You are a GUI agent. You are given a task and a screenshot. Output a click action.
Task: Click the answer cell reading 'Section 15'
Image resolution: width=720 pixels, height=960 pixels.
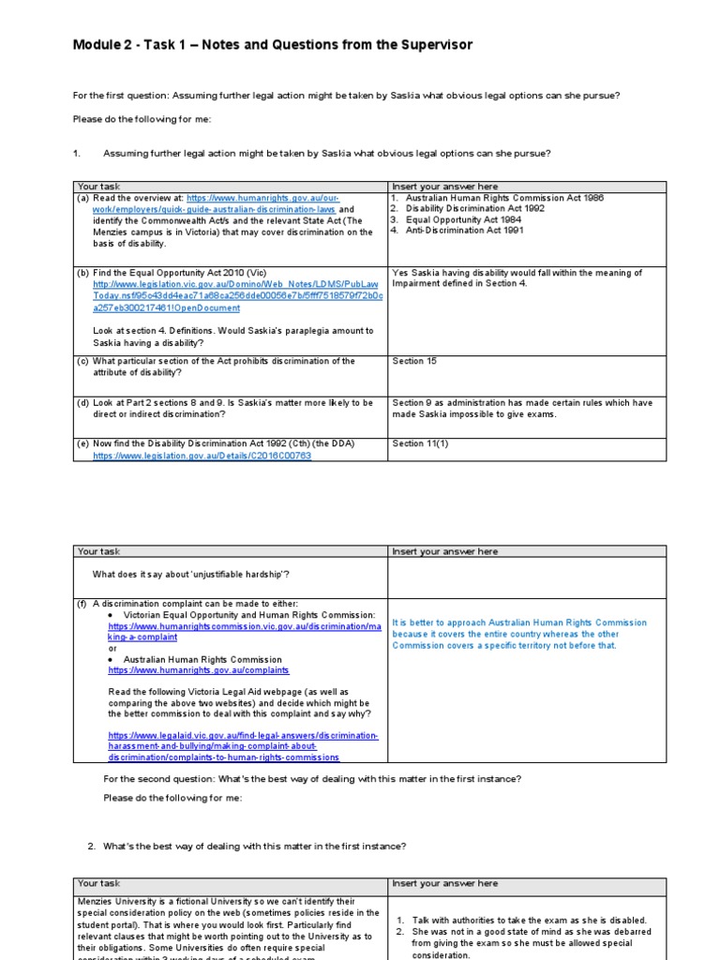(x=414, y=361)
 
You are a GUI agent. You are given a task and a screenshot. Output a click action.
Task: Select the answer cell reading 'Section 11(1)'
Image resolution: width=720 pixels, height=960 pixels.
(x=422, y=443)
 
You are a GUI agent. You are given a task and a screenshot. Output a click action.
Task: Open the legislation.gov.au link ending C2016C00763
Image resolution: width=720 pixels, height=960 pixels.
(x=202, y=456)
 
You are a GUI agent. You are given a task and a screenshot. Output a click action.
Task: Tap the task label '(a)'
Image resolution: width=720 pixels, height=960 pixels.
(x=83, y=199)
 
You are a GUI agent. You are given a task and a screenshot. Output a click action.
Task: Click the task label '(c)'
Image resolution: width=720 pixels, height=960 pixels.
(x=82, y=361)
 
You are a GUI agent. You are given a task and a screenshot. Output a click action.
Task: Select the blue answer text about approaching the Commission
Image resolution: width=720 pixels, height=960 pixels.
(x=518, y=634)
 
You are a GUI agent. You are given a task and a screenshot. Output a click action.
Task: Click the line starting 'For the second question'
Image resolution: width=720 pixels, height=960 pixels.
(x=311, y=779)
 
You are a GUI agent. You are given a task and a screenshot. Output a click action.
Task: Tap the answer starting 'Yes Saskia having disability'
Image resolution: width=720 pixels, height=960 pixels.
(x=517, y=278)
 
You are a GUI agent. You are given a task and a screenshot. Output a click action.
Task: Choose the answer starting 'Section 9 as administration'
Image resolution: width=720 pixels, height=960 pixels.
(x=522, y=408)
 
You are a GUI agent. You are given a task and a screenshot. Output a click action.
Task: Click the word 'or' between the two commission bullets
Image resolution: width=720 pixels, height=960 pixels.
(x=112, y=648)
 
